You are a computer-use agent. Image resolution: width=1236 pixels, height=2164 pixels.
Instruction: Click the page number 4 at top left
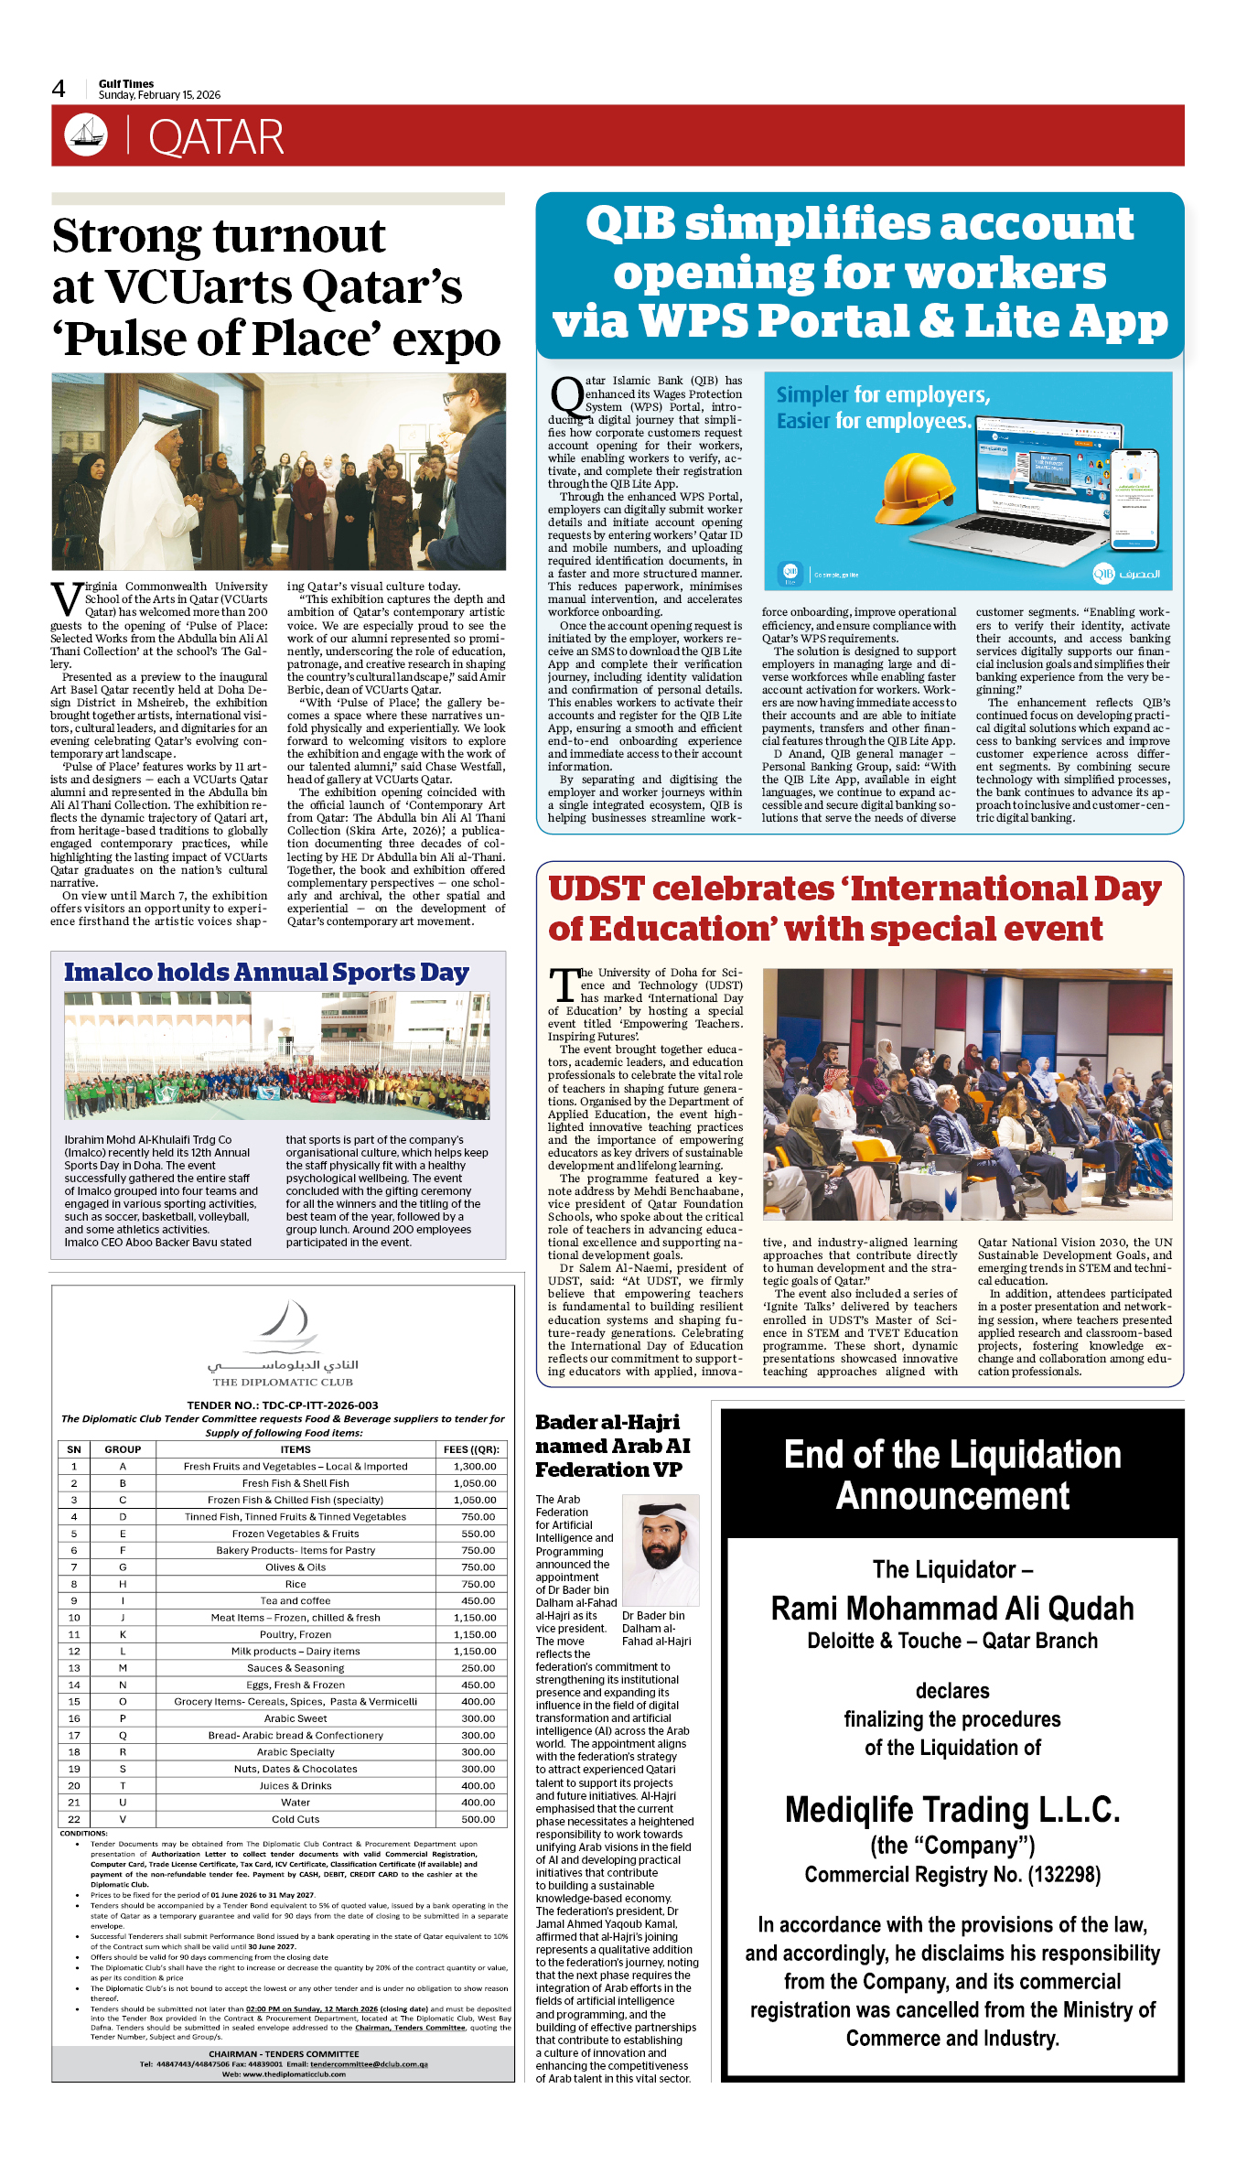[59, 89]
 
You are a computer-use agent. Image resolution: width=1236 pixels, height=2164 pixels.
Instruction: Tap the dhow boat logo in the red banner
[86, 135]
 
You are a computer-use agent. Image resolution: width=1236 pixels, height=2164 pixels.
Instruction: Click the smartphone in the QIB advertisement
[1134, 499]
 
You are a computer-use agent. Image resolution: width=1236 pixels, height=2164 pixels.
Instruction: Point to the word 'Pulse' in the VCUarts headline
[126, 339]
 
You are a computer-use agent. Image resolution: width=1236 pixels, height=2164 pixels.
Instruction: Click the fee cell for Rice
[478, 1584]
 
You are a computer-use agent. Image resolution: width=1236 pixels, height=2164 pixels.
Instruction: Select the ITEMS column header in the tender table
[296, 1449]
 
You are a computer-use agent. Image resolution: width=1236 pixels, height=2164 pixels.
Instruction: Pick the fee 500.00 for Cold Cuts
[478, 1819]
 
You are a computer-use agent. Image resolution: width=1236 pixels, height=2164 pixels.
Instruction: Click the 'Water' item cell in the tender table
[296, 1803]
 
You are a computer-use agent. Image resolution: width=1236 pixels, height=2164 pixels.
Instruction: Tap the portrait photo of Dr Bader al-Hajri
[661, 1549]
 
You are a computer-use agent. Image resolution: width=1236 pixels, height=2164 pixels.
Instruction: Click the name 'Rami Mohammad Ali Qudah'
[952, 1609]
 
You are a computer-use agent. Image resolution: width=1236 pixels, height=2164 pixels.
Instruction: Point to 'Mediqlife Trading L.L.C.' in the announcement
[952, 1809]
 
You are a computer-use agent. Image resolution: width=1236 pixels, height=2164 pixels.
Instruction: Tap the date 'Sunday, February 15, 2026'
[159, 95]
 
